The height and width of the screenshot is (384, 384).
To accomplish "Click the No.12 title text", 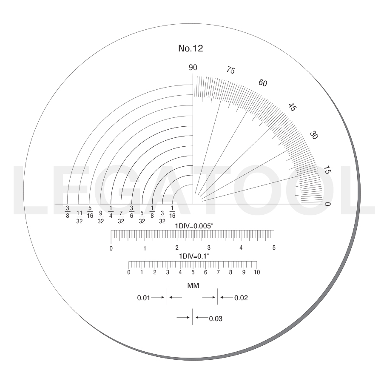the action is (x=191, y=48).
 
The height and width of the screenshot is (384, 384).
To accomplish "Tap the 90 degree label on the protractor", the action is (x=193, y=67).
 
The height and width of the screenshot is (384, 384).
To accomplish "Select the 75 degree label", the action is (x=230, y=70).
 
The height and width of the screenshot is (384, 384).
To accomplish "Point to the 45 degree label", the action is (x=292, y=107).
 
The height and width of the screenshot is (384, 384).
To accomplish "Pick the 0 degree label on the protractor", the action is (x=327, y=204).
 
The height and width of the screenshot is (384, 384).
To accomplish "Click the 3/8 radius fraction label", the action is (x=68, y=212).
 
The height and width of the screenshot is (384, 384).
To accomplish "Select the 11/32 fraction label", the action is (x=80, y=217).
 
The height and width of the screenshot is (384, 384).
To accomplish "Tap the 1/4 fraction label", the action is (x=111, y=212).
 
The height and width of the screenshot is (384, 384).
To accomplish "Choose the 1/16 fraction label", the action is (x=172, y=212).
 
